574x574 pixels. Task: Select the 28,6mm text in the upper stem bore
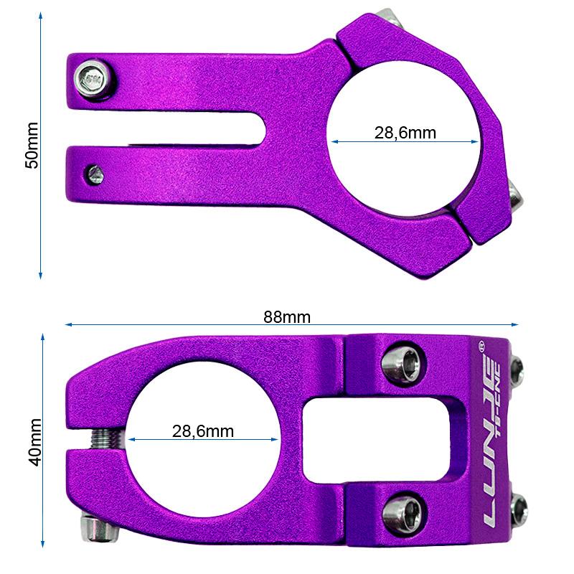405,133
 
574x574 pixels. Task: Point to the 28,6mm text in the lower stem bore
203,431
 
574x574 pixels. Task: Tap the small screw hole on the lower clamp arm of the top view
94,172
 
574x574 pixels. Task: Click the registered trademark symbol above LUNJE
481,345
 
